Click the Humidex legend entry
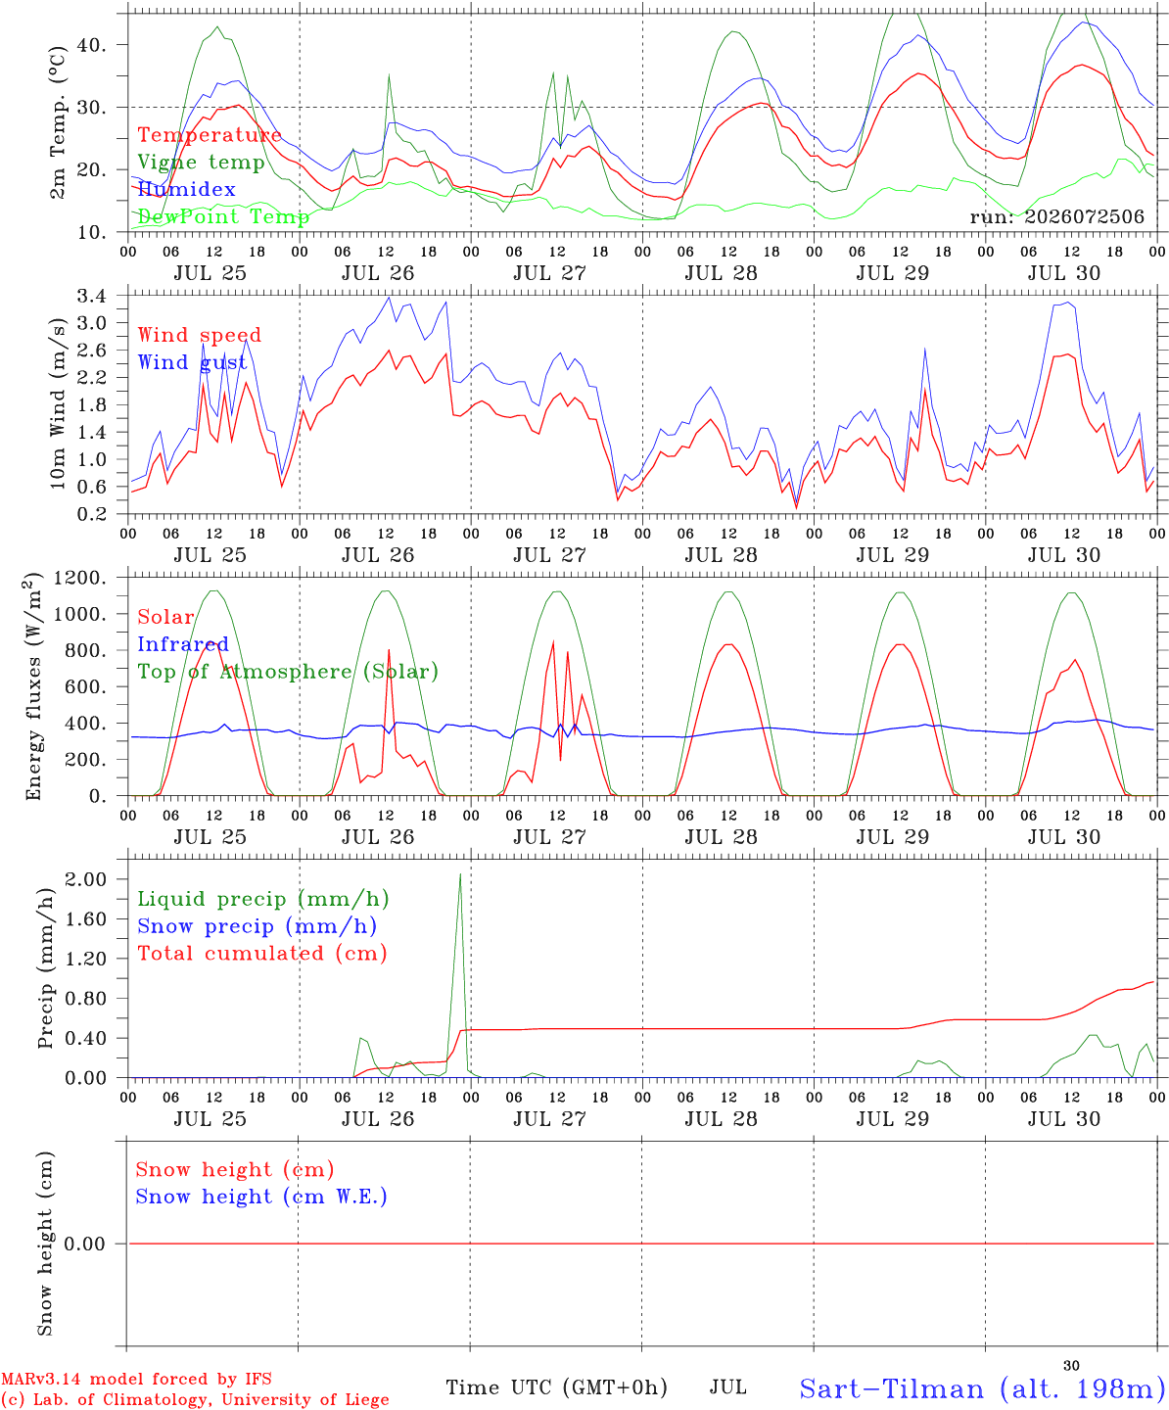pos(186,189)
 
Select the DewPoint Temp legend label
pos(223,216)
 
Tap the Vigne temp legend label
pos(202,163)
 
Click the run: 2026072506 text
pos(1056,216)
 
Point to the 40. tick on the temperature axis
pos(92,45)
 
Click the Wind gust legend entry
pos(193,362)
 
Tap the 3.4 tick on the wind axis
pos(91,296)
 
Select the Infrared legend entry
pos(183,644)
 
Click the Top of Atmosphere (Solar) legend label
pos(289,672)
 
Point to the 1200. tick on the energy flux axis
pos(80,578)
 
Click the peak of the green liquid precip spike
pos(460,873)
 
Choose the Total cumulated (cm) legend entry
pos(262,954)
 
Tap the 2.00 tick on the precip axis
pos(86,879)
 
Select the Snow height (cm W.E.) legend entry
pos(261,1197)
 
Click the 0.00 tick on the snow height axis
pos(85,1244)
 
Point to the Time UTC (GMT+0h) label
pos(556,1387)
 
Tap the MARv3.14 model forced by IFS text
pos(136,1379)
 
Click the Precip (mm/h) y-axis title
pos(45,968)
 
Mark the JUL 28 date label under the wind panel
pos(722,555)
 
